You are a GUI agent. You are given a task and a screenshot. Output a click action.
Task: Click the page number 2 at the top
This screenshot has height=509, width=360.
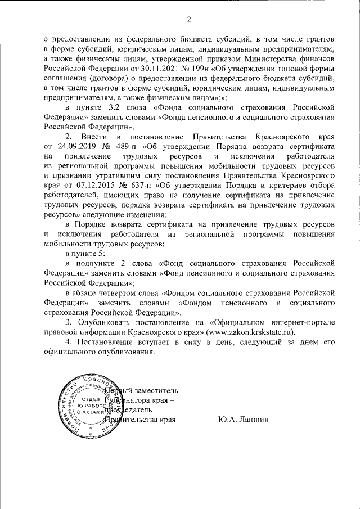tap(189, 21)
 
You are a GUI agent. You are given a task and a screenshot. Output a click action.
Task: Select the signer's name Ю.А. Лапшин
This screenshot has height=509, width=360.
tap(243, 420)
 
